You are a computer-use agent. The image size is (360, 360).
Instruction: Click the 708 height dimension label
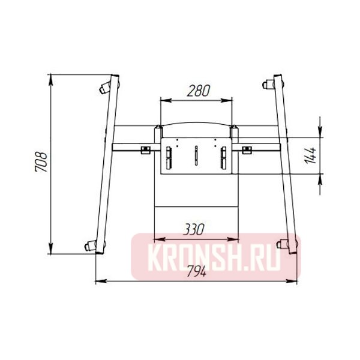pyautogui.click(x=41, y=161)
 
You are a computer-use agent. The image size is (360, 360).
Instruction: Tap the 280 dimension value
pyautogui.click(x=199, y=91)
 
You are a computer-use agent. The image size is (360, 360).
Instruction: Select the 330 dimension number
pyautogui.click(x=194, y=229)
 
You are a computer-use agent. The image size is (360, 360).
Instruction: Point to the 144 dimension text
pyautogui.click(x=311, y=155)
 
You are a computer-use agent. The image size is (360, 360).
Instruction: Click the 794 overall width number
pyautogui.click(x=197, y=272)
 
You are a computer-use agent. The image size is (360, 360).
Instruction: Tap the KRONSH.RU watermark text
pyautogui.click(x=214, y=257)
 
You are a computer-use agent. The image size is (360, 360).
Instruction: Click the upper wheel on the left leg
pyautogui.click(x=105, y=88)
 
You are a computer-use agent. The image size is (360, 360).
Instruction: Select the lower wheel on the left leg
pyautogui.click(x=91, y=245)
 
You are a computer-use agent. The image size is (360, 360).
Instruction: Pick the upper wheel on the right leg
pyautogui.click(x=268, y=84)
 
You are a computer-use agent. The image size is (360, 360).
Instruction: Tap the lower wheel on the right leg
pyautogui.click(x=282, y=244)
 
